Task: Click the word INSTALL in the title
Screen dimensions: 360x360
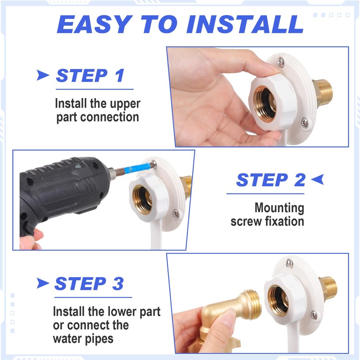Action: click(245, 24)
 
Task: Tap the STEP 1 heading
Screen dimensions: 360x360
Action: click(90, 76)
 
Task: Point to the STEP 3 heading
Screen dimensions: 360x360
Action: click(89, 283)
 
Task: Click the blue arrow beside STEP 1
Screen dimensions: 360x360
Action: click(43, 75)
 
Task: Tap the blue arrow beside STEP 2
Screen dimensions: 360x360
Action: click(318, 179)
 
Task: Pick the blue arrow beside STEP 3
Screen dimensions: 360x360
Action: click(43, 283)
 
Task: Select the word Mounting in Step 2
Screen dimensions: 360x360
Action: click(279, 208)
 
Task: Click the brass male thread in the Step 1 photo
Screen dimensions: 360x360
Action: click(323, 92)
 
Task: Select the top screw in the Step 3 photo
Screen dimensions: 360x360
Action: click(289, 263)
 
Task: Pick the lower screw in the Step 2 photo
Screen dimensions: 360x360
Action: click(176, 213)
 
